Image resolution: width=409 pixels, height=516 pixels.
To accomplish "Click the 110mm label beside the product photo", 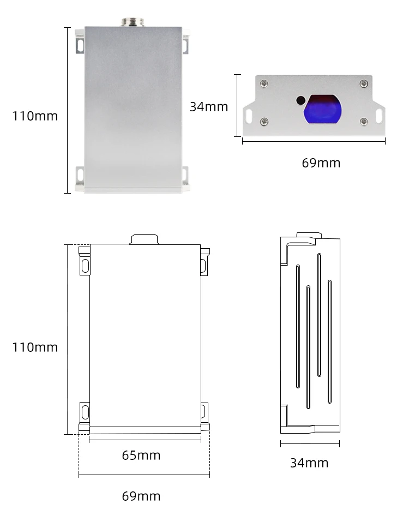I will [x=35, y=116].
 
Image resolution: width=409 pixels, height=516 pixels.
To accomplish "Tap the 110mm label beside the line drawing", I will [x=35, y=347].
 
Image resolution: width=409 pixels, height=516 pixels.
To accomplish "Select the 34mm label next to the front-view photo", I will [x=209, y=106].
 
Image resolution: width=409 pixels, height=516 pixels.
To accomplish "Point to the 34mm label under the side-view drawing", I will [x=309, y=463].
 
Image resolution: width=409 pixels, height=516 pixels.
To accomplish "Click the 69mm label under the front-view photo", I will [x=321, y=163].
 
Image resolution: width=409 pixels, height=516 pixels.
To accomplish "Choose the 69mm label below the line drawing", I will [x=141, y=496].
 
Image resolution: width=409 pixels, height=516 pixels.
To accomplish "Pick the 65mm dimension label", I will [x=141, y=455].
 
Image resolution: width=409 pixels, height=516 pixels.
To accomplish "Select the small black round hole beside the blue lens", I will [x=300, y=100].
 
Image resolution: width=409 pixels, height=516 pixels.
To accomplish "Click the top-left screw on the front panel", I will [x=264, y=83].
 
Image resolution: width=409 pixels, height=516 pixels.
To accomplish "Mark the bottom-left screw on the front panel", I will [x=264, y=121].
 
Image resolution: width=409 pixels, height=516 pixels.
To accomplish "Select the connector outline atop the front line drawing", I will [x=145, y=239].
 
